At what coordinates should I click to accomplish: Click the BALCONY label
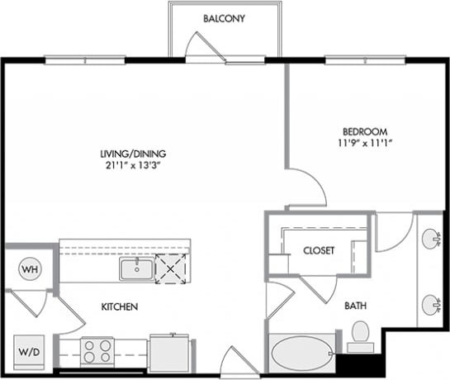tap(224, 18)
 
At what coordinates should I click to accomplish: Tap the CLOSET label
tap(318, 250)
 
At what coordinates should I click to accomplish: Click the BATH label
tap(356, 306)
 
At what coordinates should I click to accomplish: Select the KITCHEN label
tap(119, 307)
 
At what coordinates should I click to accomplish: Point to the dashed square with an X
tap(172, 269)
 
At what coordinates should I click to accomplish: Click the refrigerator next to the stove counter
tap(170, 351)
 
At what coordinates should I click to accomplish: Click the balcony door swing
tap(206, 47)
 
